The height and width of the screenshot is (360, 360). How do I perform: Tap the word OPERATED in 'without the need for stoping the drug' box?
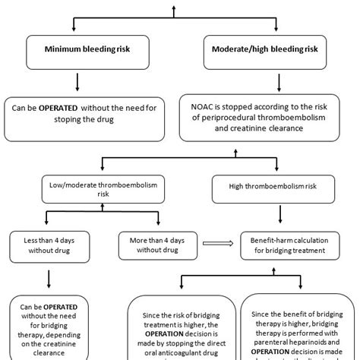tap(58, 109)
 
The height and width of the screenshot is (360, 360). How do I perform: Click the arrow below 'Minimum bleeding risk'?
tap(77, 81)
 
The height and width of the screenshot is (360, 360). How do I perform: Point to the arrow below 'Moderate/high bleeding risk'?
tap(274, 81)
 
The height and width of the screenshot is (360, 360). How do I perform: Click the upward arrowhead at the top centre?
tap(174, 7)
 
